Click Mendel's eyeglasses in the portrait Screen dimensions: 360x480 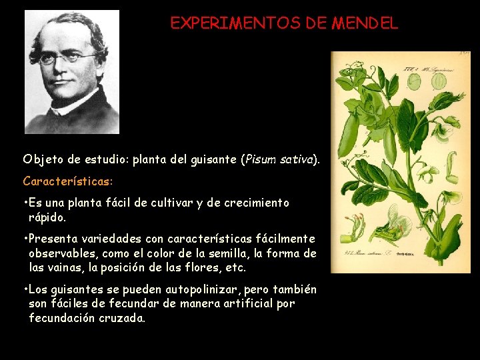[66, 59]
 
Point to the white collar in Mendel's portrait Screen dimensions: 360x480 [69, 100]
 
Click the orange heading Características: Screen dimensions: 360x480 [67, 181]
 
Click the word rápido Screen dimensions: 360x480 [47, 217]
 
